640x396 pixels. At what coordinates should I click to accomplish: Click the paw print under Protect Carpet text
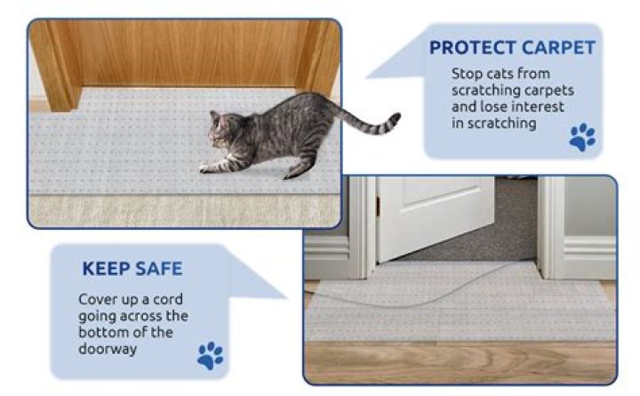[x=582, y=136]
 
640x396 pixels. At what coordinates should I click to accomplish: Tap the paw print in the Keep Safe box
[x=210, y=356]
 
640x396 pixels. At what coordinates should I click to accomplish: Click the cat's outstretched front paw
[x=206, y=167]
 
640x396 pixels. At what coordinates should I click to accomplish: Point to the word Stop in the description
[x=467, y=74]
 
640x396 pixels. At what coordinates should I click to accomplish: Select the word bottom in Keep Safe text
[x=103, y=333]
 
